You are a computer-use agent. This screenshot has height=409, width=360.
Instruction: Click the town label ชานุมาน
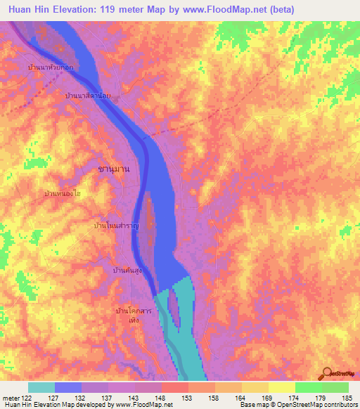click(114, 169)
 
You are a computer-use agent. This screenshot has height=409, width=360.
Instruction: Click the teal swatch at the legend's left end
click(41, 387)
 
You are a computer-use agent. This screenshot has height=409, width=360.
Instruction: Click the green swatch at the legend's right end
click(335, 387)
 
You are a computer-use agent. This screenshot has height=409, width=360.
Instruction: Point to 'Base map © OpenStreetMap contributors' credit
click(298, 405)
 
